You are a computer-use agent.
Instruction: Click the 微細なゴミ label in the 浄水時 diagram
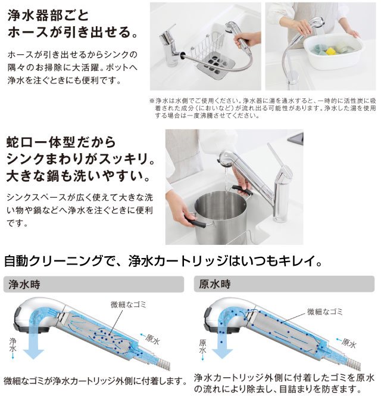click(x=127, y=305)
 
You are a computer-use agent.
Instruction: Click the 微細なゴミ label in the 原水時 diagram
click(x=326, y=311)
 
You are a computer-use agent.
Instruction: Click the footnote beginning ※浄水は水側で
click(x=262, y=108)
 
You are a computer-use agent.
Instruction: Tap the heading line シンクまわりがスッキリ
click(x=80, y=160)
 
